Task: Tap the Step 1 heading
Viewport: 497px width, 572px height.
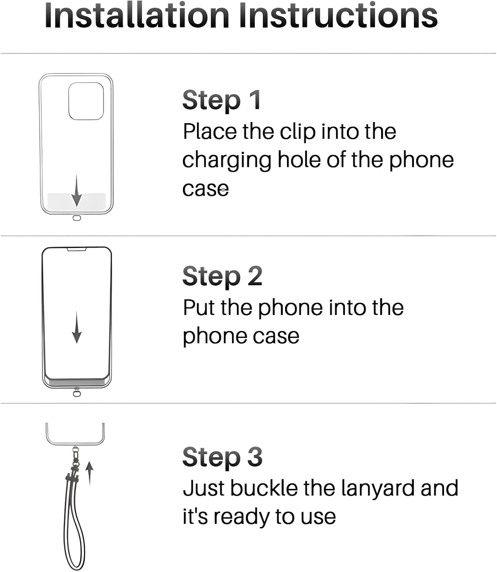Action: (221, 100)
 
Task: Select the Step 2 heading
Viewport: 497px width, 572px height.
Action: (222, 276)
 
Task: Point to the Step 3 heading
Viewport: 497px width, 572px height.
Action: (222, 456)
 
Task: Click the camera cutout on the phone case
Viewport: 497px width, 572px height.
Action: (86, 101)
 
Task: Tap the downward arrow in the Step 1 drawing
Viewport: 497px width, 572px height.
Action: (77, 191)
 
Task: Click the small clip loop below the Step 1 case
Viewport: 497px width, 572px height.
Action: (77, 219)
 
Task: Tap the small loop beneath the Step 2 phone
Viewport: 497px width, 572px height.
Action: (77, 393)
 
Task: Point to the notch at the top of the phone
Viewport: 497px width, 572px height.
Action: (77, 249)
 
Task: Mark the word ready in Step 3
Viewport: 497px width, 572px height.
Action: (242, 517)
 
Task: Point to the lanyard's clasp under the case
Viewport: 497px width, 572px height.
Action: (76, 456)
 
